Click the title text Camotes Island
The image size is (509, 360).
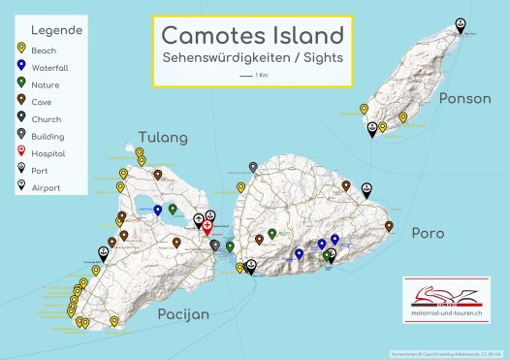coord(252,36)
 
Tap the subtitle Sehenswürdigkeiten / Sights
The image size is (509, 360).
coord(252,59)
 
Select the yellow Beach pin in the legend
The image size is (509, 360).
coord(21,49)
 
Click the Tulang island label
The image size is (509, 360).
coord(163,137)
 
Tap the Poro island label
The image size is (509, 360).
coord(428,234)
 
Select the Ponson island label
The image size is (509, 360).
coord(458,98)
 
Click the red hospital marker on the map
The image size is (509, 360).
coord(207,226)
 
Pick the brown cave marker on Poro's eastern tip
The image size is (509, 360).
coord(389,226)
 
